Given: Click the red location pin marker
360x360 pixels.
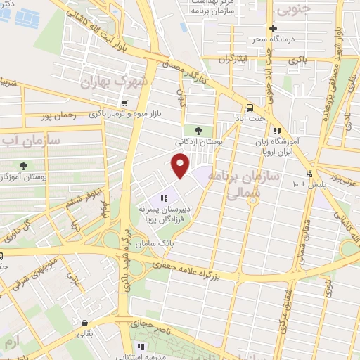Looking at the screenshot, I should click(x=181, y=166).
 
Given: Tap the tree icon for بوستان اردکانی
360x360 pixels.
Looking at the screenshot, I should click(x=198, y=131).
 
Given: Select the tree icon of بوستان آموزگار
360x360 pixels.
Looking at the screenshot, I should click(x=25, y=165).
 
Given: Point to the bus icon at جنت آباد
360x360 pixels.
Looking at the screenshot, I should click(x=249, y=107).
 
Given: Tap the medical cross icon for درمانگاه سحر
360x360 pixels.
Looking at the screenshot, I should click(x=282, y=28).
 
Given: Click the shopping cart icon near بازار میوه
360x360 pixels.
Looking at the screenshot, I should click(x=125, y=103).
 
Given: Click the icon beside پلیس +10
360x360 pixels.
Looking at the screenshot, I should click(x=309, y=174).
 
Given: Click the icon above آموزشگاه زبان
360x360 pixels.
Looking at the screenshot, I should click(x=279, y=131).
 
